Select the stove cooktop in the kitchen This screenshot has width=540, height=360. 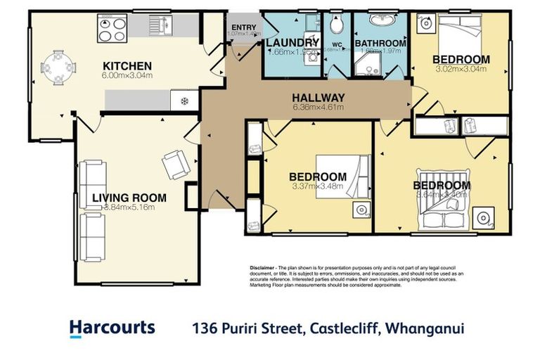109,28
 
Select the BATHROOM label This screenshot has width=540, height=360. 380,43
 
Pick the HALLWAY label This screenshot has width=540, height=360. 319,98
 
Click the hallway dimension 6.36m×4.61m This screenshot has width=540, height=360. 319,108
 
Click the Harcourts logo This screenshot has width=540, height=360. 112,328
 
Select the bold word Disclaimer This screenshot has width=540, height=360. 262,269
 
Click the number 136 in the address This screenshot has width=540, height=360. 206,328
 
